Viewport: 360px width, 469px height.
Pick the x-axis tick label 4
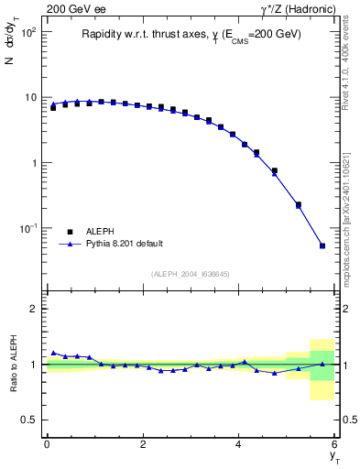pyautogui.click(x=239, y=444)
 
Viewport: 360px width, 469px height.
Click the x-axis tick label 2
pyautogui.click(x=143, y=444)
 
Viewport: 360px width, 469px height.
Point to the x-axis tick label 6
pyautogui.click(x=335, y=444)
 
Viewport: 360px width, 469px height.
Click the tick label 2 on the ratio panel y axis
pyautogui.click(x=34, y=309)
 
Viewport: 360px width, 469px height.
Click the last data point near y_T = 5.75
pyautogui.click(x=322, y=245)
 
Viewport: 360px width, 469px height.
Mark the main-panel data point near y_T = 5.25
pyautogui.click(x=299, y=205)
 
